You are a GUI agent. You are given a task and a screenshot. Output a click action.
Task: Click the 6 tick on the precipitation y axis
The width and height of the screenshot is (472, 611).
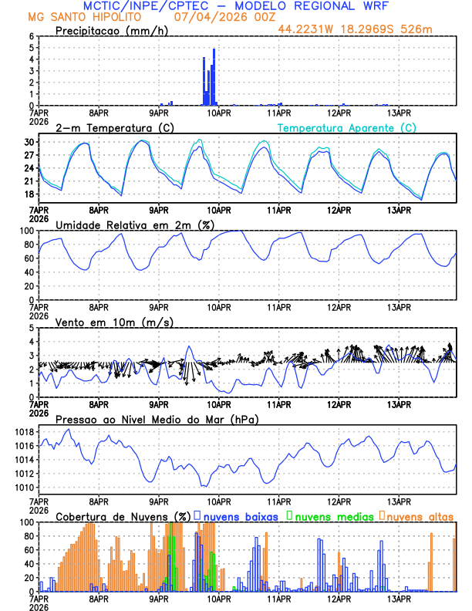click(x=31, y=36)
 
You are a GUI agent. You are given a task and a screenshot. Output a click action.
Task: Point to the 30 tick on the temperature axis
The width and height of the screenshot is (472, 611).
click(x=29, y=142)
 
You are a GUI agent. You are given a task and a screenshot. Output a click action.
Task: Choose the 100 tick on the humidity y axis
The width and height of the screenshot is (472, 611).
click(x=26, y=231)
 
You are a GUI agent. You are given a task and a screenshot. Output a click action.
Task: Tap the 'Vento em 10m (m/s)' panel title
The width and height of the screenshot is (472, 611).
click(x=114, y=322)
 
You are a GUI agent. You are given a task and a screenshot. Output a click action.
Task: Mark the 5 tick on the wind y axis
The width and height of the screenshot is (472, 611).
click(x=31, y=328)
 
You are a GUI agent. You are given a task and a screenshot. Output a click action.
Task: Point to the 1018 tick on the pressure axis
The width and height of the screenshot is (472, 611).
click(x=24, y=431)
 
